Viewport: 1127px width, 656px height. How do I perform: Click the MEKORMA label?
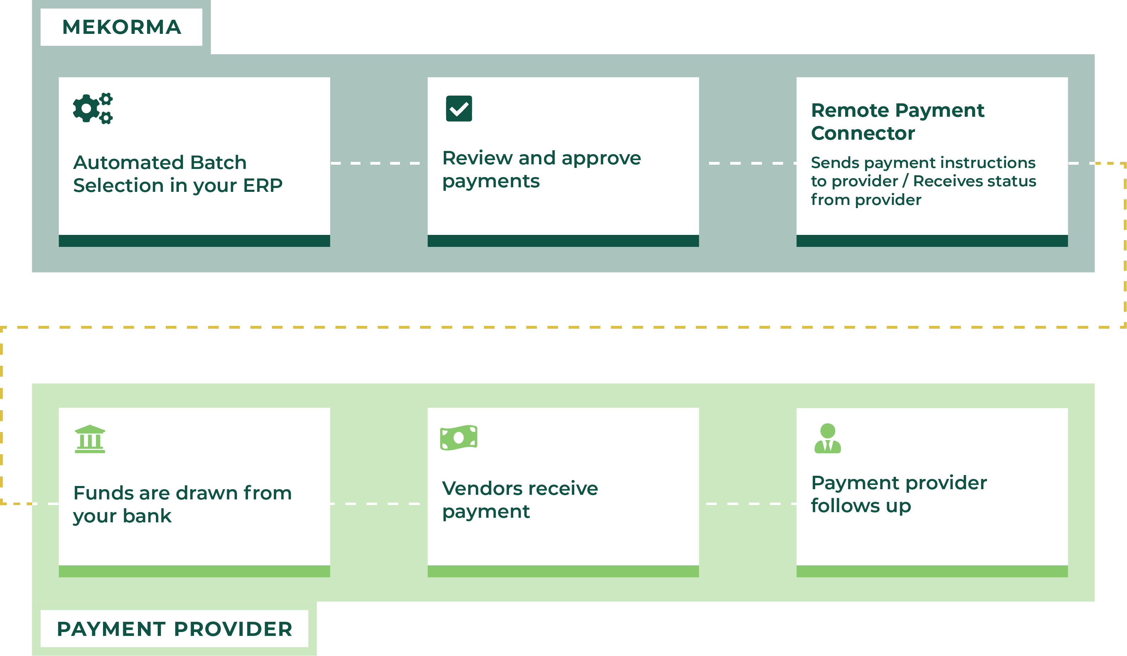[x=121, y=27]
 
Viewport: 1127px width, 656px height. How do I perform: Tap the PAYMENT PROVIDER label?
[x=174, y=629]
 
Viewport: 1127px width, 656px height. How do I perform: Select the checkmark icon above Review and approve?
[x=459, y=108]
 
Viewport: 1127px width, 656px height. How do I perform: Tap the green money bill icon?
[x=459, y=437]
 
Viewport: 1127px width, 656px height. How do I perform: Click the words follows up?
[x=860, y=506]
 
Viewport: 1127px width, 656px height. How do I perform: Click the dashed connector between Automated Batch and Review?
[x=378, y=163]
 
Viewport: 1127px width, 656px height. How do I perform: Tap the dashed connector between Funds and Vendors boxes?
[x=378, y=504]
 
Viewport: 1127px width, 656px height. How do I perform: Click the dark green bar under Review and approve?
[x=563, y=241]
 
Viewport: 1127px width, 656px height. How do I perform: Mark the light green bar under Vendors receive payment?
[x=563, y=571]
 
